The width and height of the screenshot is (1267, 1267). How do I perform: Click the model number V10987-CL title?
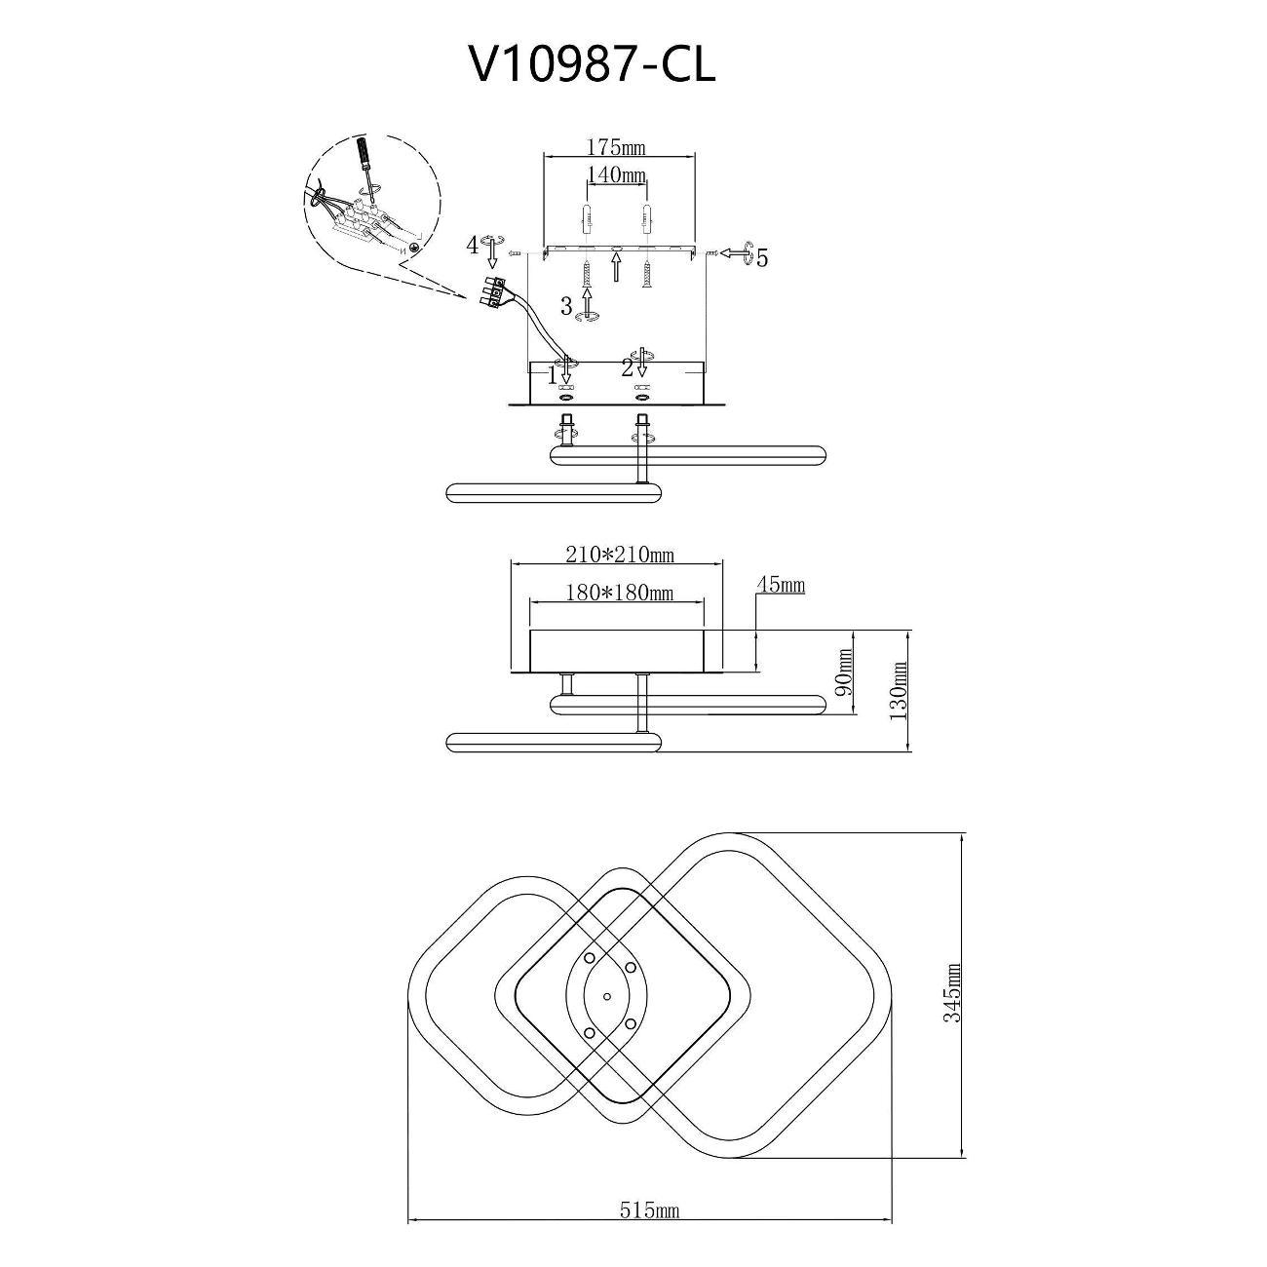(591, 65)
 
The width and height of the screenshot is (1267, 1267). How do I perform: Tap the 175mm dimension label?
(616, 147)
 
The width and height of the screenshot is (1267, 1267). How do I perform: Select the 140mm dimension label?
(616, 174)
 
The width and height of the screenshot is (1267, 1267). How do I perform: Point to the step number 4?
(473, 246)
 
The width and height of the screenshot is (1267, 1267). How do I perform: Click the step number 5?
(761, 258)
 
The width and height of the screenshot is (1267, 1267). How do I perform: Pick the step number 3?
(567, 306)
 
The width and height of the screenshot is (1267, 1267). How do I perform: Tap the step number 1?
(553, 375)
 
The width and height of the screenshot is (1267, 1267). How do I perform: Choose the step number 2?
(628, 366)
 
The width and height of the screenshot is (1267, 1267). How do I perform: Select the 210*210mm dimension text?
(620, 555)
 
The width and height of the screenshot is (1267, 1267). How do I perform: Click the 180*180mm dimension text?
(620, 594)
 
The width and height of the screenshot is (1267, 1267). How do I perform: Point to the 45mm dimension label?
(782, 584)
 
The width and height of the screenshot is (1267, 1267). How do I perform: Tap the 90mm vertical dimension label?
(845, 672)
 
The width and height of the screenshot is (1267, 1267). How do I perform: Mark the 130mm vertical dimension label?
(899, 690)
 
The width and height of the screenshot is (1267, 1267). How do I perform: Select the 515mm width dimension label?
(650, 1155)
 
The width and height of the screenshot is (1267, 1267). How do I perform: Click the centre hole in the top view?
(606, 996)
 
